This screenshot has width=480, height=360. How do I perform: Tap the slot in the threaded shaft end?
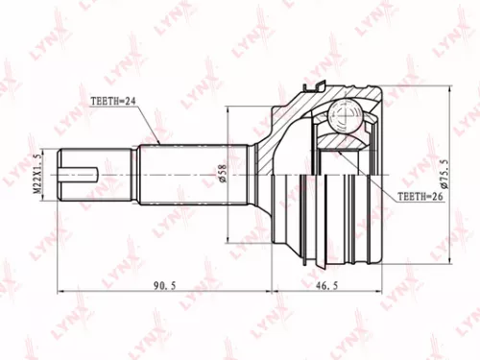tap(81, 175)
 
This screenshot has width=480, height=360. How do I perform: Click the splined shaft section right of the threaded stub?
tap(182, 174)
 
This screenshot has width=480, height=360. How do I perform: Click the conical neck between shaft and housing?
tap(264, 174)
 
